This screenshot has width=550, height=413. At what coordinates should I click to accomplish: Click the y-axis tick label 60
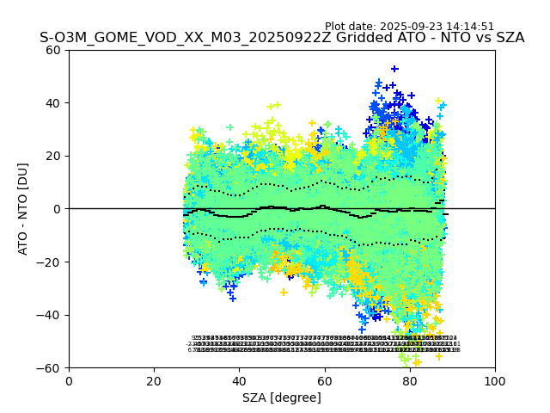coord(53,50)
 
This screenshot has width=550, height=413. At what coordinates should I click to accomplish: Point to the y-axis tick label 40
coord(53,103)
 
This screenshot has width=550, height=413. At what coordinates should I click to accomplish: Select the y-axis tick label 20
coord(53,156)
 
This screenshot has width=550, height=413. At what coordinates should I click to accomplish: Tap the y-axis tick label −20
coord(50,262)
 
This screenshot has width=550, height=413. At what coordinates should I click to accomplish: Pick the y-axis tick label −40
coord(50,315)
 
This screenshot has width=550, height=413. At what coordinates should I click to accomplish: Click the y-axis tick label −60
coord(50,368)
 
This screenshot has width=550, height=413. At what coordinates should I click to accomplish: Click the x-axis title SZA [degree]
coord(282,398)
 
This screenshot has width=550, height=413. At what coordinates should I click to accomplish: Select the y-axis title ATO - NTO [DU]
coord(23,209)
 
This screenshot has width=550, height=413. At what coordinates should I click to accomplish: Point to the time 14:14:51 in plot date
coord(470,27)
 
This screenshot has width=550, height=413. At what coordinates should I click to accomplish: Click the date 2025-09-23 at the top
coord(412,27)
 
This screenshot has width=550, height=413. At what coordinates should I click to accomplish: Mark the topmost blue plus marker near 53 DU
coord(394,69)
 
